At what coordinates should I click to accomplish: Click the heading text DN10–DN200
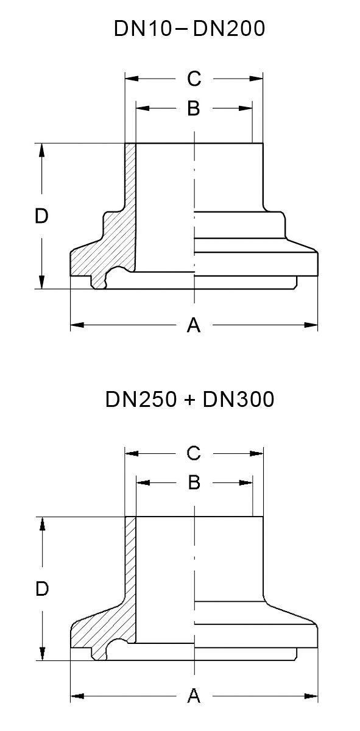(x=189, y=29)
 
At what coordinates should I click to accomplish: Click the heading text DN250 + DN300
(x=189, y=400)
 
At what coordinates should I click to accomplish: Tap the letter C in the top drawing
(x=194, y=79)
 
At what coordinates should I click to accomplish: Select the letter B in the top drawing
(x=194, y=108)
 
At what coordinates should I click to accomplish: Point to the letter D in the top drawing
(x=41, y=216)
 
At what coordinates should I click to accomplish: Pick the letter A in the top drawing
(x=194, y=326)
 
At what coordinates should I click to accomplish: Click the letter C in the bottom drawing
(x=194, y=453)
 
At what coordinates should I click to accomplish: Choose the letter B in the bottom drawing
(x=194, y=482)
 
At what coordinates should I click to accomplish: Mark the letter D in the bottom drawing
(x=41, y=589)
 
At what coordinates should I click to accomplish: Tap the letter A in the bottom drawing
(x=194, y=696)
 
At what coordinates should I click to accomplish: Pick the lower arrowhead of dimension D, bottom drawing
(x=41, y=654)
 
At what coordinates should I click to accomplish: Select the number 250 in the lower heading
(x=149, y=400)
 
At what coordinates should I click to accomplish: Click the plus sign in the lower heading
(x=189, y=401)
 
